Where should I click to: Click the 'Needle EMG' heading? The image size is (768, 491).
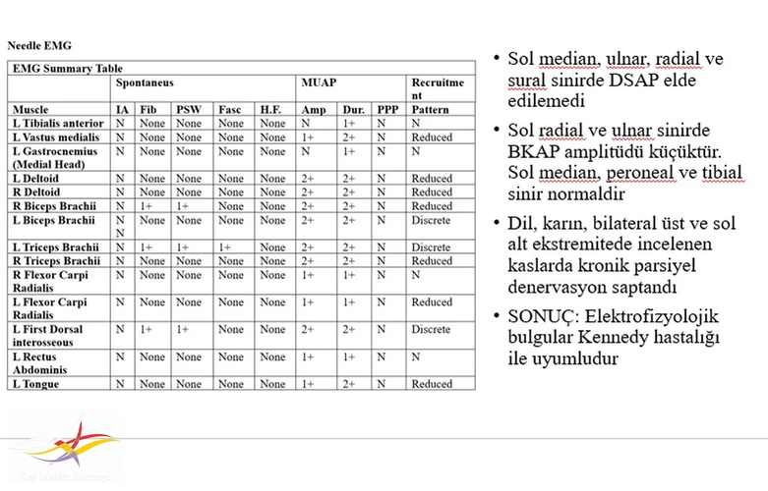(x=39, y=45)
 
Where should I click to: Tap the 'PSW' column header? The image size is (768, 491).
(x=187, y=109)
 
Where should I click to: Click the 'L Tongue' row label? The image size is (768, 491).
(x=36, y=384)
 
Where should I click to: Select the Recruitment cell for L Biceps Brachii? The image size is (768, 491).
(x=431, y=220)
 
